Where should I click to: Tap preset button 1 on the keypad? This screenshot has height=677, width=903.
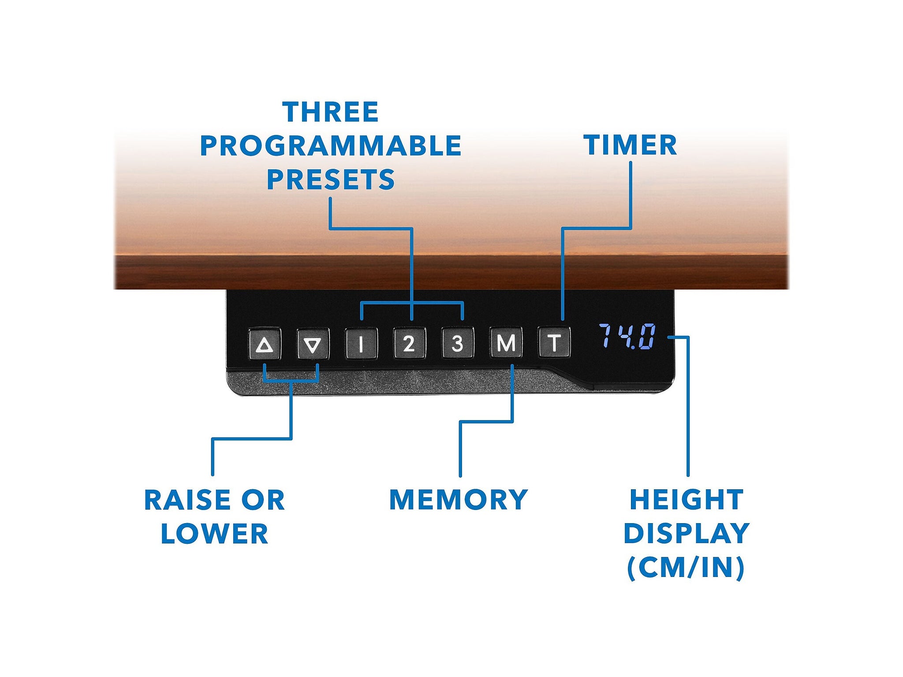(x=361, y=343)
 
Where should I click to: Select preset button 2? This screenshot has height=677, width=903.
(x=410, y=343)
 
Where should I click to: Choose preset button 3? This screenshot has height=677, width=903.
(x=458, y=343)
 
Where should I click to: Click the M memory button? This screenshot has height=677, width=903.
(x=506, y=342)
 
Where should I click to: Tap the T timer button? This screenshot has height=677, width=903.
(x=554, y=342)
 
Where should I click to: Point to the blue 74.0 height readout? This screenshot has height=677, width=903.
(x=627, y=336)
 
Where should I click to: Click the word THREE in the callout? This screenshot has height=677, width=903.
(x=331, y=112)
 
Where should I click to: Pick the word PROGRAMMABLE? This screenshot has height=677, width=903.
(x=331, y=146)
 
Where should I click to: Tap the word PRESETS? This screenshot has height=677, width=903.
(x=331, y=180)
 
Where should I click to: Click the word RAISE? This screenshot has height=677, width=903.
(x=186, y=500)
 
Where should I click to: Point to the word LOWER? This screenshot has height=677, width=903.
(x=215, y=534)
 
